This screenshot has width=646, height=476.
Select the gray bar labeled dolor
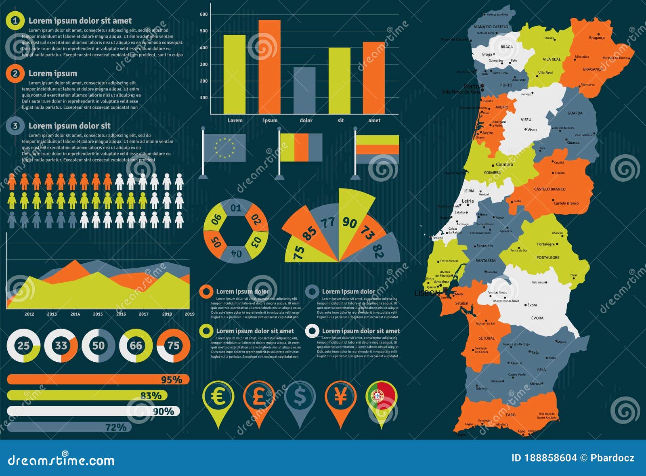pos(304,90)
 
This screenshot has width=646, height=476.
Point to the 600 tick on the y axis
pos(204,14)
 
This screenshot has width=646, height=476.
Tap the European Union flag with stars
pos(224,148)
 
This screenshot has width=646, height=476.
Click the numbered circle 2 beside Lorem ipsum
pos(15,73)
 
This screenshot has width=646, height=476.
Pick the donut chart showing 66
pos(136,346)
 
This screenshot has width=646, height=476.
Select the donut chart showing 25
pos(23,346)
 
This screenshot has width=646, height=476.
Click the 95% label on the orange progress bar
pos(171,380)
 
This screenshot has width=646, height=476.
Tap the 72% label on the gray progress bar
pos(116,427)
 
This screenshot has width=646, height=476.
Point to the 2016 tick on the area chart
pos(121,314)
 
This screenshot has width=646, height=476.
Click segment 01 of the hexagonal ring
pos(236,208)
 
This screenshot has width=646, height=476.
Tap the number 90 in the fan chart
pos(349,222)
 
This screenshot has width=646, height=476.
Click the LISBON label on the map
pos(427,293)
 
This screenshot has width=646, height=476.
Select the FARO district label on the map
pos(511,415)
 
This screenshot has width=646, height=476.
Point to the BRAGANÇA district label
pos(592,69)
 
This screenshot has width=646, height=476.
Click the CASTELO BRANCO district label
pos(550,189)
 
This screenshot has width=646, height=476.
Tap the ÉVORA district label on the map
pos(537,318)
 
